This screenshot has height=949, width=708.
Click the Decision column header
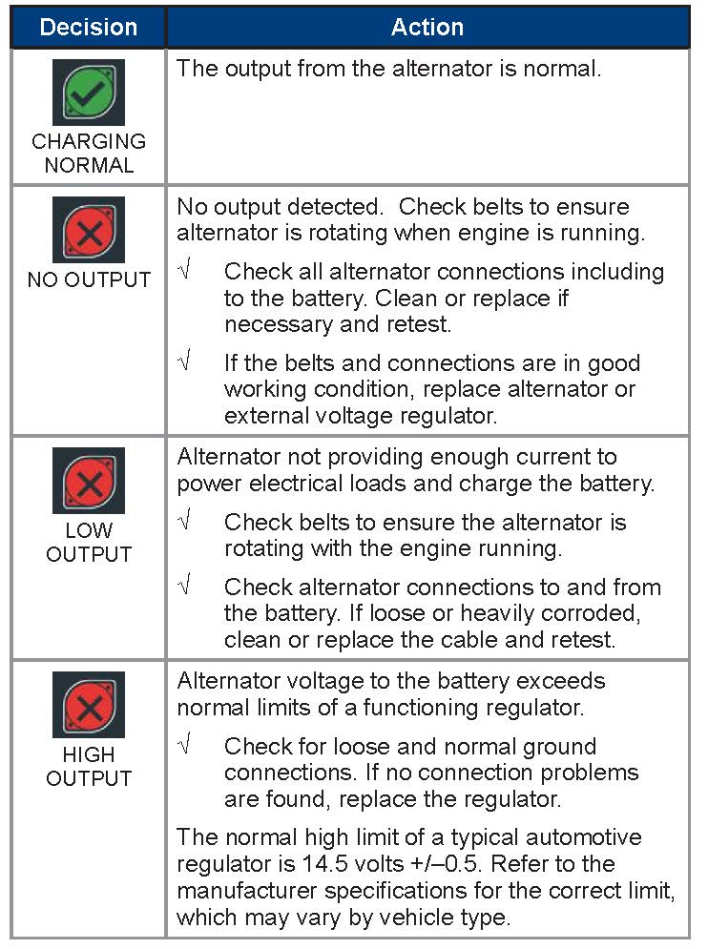pyautogui.click(x=88, y=27)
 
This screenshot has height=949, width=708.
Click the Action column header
pyautogui.click(x=427, y=27)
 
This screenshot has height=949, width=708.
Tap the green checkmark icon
pyautogui.click(x=88, y=93)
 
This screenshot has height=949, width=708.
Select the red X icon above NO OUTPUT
pyautogui.click(x=88, y=230)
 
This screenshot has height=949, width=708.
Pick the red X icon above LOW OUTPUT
pyautogui.click(x=88, y=481)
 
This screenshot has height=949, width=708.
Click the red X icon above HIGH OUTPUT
pyautogui.click(x=88, y=703)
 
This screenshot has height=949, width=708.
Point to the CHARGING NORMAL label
pyautogui.click(x=89, y=153)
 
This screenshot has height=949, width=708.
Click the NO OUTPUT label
pyautogui.click(x=89, y=280)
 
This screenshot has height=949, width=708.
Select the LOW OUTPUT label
pyautogui.click(x=89, y=542)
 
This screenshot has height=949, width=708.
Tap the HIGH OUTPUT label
pyautogui.click(x=89, y=766)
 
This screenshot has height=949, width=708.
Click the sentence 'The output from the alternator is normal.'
pyautogui.click(x=389, y=70)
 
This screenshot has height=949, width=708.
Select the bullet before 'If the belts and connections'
pyautogui.click(x=185, y=363)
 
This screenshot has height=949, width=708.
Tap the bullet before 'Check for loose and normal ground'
pyautogui.click(x=185, y=746)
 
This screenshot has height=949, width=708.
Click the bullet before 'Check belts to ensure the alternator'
pyautogui.click(x=185, y=523)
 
